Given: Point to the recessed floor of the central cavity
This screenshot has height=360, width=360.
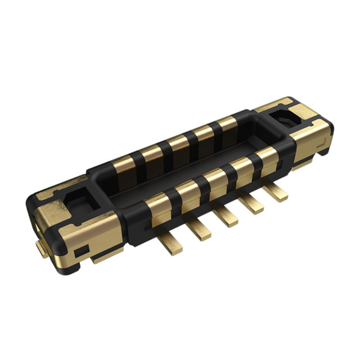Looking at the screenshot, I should click(197, 163).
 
